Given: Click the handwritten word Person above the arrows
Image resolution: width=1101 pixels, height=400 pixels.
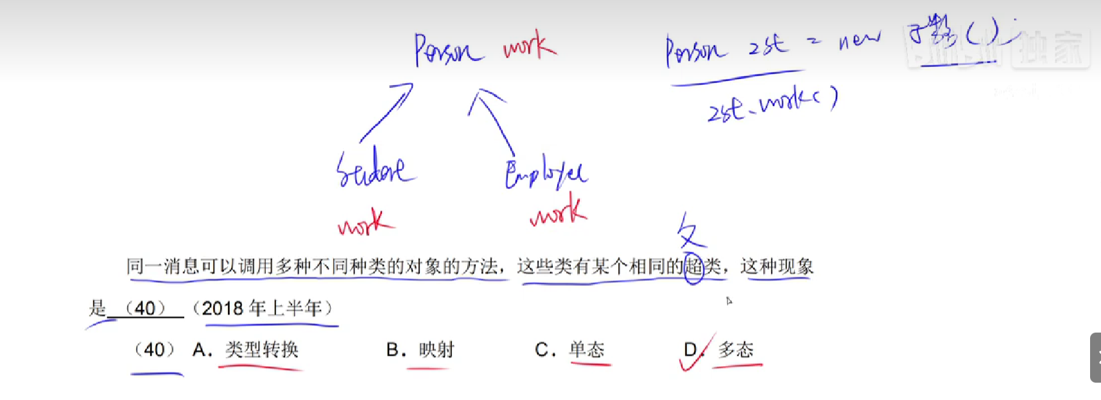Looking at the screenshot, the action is click(447, 50).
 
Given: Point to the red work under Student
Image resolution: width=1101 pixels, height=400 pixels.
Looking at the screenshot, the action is click(365, 223).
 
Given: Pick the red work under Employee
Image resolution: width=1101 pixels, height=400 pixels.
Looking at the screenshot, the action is click(558, 212).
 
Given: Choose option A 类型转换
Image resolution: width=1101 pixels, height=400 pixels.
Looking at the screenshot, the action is click(261, 350).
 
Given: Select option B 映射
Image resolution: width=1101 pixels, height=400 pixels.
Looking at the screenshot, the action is click(437, 350).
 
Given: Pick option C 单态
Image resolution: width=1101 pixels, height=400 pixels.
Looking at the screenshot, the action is click(587, 350).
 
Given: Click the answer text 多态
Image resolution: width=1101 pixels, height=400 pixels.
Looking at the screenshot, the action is click(736, 350).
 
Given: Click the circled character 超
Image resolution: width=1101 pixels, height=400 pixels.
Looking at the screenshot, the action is click(694, 266).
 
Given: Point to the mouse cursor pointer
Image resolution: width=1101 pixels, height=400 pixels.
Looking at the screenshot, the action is click(729, 300).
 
